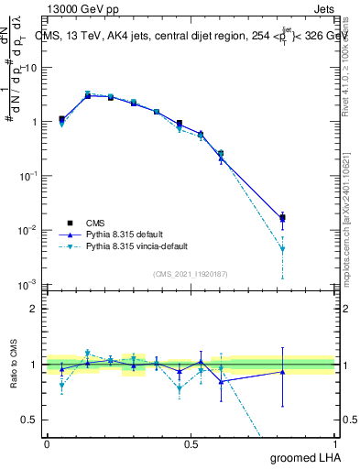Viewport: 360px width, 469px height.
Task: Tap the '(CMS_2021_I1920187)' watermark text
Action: pos(191,274)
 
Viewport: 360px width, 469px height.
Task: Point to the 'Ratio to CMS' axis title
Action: pos(14,365)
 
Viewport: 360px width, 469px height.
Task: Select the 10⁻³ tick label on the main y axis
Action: pos(27,284)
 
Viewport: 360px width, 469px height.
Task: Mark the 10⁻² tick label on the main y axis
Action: pos(27,230)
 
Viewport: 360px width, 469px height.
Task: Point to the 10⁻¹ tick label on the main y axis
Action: pos(27,175)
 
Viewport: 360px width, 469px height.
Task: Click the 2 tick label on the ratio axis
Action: pos(35,309)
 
